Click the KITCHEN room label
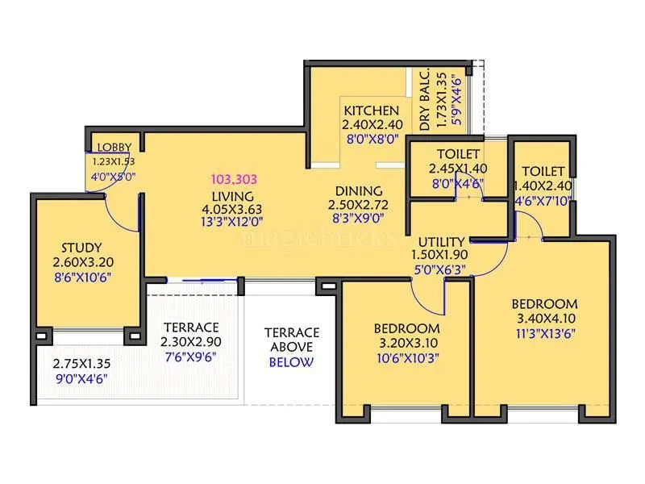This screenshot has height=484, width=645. [x=371, y=111]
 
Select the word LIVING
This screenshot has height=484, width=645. [x=233, y=196]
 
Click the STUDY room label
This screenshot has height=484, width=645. [x=83, y=248]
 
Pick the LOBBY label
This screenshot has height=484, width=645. [x=115, y=147]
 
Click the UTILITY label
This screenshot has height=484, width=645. [x=440, y=241]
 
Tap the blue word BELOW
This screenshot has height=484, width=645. [x=291, y=361]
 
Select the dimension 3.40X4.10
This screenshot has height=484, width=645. [x=544, y=319]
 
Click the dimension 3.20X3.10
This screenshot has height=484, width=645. [x=406, y=343]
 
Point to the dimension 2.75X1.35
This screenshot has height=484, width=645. [x=81, y=364]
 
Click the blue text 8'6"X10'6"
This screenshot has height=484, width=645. [x=83, y=277]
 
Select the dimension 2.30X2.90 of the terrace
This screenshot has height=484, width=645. [x=191, y=342]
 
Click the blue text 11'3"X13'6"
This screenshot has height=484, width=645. [x=544, y=333]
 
